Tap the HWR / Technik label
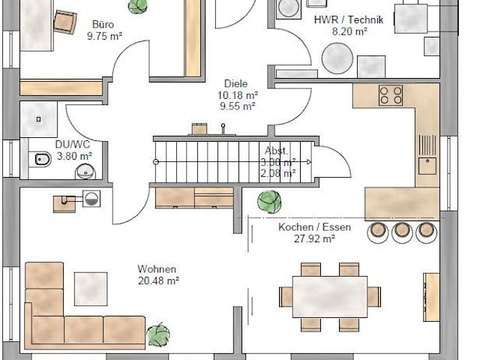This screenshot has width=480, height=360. click(348, 20)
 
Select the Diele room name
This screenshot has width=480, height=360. click(235, 84)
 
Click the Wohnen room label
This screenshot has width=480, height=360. click(157, 269)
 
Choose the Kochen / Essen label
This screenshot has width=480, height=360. click(306, 227)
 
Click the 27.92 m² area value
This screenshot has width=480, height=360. click(306, 238)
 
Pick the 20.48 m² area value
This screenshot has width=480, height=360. click(157, 280)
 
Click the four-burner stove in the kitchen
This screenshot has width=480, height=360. click(390, 94)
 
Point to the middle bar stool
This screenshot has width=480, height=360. click(401, 232)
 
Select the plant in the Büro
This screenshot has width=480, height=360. click(137, 6)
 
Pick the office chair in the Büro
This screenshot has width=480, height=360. click(65, 22)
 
